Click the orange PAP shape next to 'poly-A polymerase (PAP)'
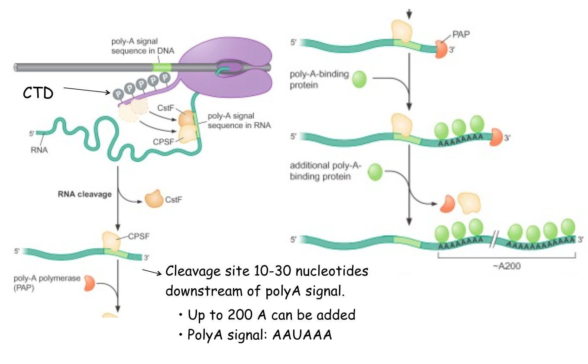click(x=89, y=283)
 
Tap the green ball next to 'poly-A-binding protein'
click(x=359, y=80)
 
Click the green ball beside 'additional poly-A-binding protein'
click(x=375, y=172)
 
